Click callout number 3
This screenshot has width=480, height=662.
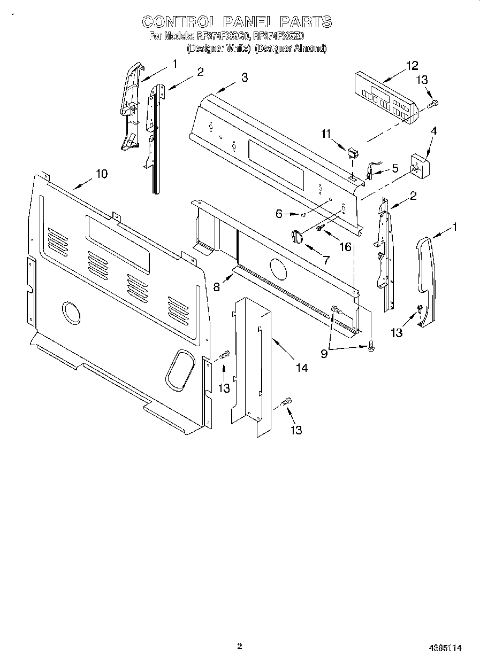click(245, 77)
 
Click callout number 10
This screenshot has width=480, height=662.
click(101, 174)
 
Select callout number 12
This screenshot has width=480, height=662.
click(412, 66)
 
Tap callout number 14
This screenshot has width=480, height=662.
click(302, 368)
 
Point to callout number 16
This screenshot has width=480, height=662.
click(346, 246)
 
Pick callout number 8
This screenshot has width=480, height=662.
click(217, 287)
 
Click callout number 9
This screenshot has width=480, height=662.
click(324, 353)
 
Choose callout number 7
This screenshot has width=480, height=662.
click(326, 260)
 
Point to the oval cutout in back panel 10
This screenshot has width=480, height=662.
click(179, 369)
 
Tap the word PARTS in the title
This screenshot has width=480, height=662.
click(306, 22)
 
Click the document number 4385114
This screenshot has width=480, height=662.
click(445, 648)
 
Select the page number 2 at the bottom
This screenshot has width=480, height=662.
click(239, 647)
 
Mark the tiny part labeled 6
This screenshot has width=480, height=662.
click(303, 215)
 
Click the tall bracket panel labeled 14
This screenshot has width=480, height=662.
click(252, 363)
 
